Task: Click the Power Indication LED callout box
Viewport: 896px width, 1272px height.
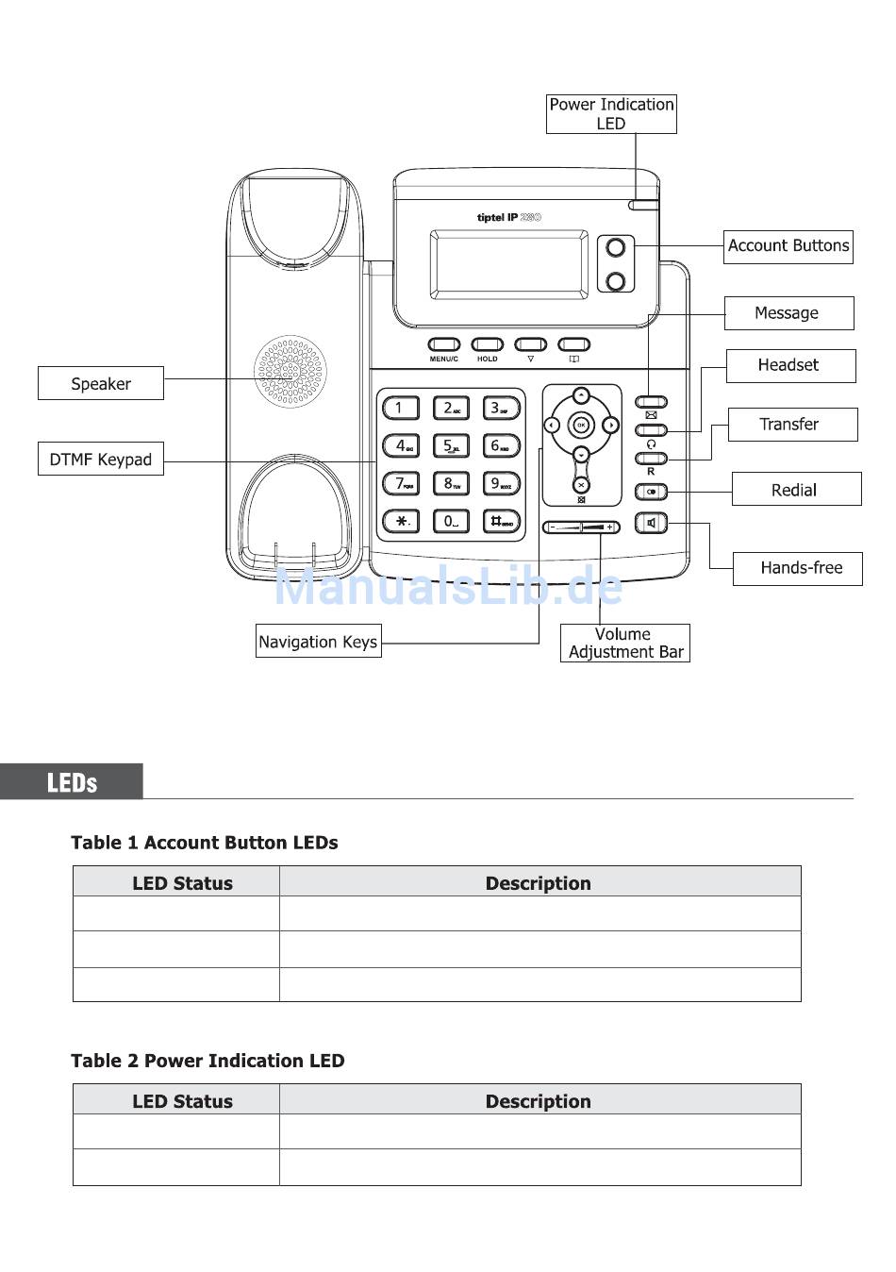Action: click(x=611, y=114)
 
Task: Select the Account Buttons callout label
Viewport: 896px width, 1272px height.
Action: click(x=788, y=246)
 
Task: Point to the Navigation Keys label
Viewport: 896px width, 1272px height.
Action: click(x=318, y=642)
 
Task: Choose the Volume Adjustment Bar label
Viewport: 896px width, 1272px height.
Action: click(x=624, y=643)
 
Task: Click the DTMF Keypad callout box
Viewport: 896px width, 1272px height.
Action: click(x=101, y=460)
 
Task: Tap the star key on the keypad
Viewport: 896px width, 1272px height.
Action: click(x=401, y=521)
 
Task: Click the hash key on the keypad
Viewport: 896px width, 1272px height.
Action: click(x=501, y=521)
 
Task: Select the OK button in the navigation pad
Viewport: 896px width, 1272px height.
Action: click(x=581, y=426)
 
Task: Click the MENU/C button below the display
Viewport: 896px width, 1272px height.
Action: click(x=443, y=345)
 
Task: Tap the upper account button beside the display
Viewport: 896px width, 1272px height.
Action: click(x=616, y=248)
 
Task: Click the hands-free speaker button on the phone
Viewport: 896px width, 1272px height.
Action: click(x=651, y=523)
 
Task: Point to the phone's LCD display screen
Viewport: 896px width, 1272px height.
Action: click(x=508, y=264)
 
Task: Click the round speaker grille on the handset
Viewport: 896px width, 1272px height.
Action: click(x=290, y=372)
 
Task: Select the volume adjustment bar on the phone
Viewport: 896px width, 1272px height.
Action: click(x=581, y=527)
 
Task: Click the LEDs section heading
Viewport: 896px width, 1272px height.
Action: click(x=72, y=782)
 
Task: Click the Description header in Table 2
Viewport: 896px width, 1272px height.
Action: click(x=539, y=1101)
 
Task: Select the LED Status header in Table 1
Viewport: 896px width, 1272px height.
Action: click(x=182, y=883)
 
